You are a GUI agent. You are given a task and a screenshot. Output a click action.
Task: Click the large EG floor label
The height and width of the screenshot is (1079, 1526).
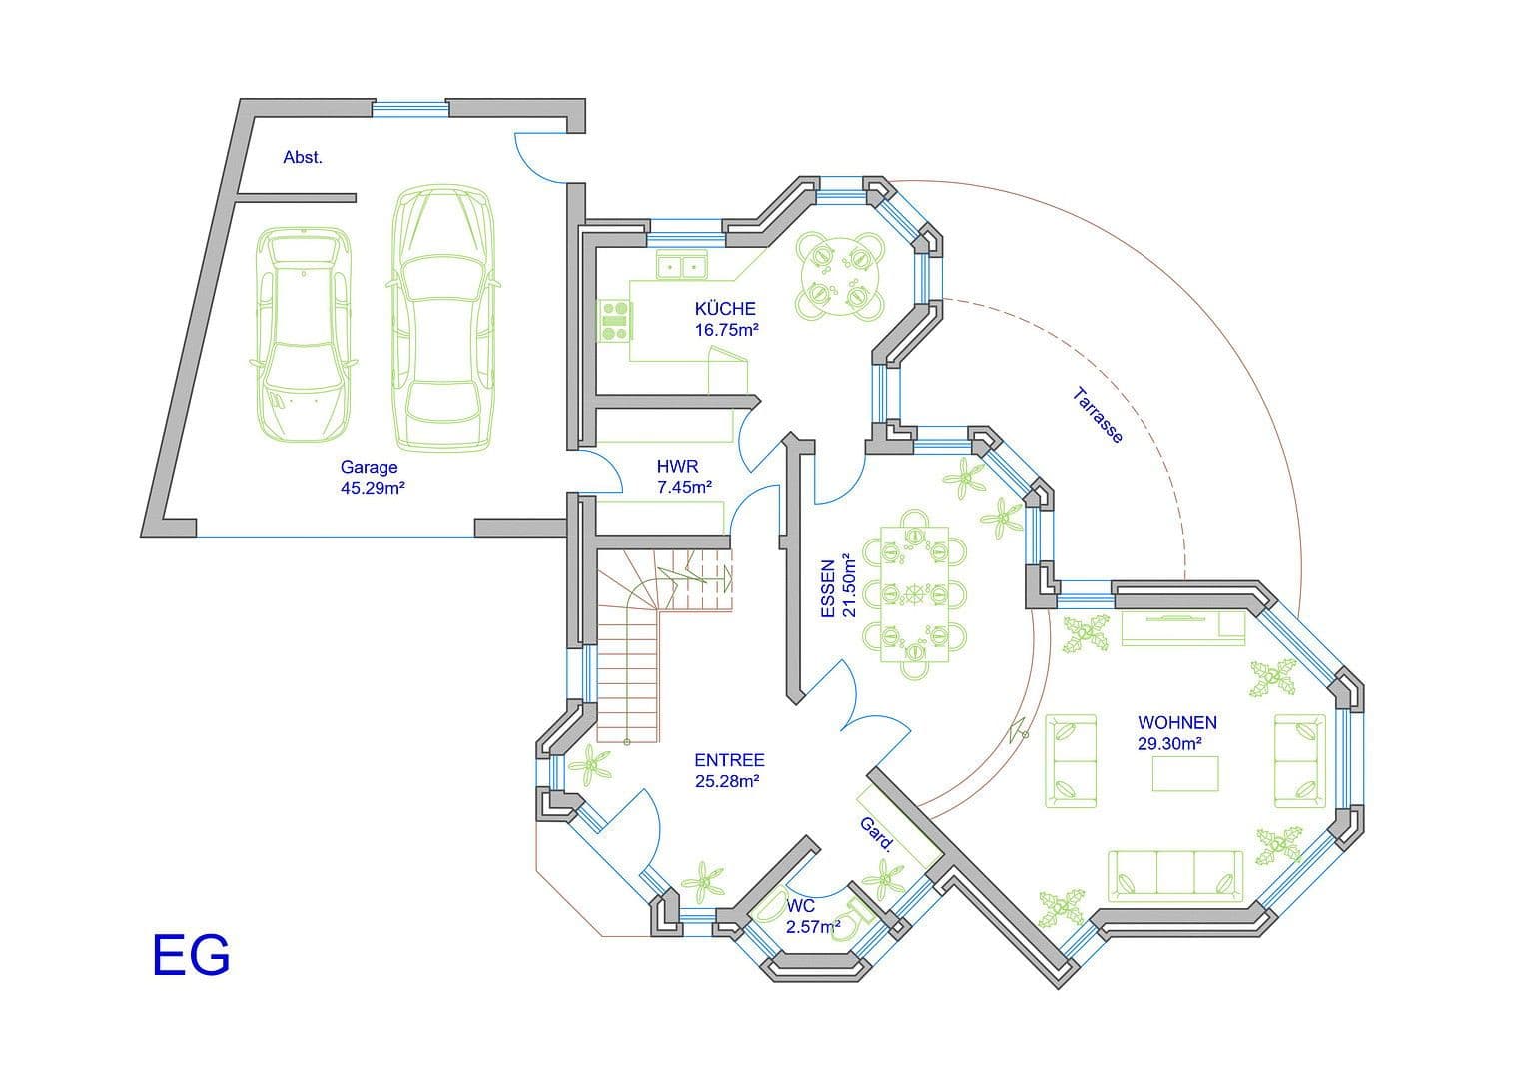point(191,955)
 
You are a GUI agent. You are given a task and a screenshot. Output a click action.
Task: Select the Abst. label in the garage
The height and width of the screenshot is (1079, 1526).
point(303,157)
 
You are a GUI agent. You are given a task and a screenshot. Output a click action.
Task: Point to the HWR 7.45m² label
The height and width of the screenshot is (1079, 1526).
point(683,477)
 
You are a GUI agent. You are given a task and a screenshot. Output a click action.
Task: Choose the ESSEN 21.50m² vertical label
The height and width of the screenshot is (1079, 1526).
point(838,585)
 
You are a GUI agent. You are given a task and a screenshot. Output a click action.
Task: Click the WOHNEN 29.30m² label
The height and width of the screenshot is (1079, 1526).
point(1176,732)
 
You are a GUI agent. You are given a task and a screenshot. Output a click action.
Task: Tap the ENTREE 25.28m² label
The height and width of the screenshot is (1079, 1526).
point(728,770)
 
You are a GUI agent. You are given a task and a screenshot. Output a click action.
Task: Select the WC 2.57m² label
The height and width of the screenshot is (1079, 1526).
point(811,916)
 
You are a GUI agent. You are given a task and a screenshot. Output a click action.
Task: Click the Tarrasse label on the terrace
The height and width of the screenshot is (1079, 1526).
point(1098,415)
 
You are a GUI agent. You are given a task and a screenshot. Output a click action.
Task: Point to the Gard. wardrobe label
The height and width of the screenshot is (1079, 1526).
point(877,834)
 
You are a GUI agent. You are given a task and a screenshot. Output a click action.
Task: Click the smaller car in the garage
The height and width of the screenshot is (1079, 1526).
point(303,333)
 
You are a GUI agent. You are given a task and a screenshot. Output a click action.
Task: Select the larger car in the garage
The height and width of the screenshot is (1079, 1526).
point(441,318)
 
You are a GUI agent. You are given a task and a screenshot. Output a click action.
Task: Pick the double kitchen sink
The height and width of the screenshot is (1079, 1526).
point(681,266)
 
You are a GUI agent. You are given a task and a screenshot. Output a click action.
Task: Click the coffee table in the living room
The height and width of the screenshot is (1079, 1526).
point(1185,774)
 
